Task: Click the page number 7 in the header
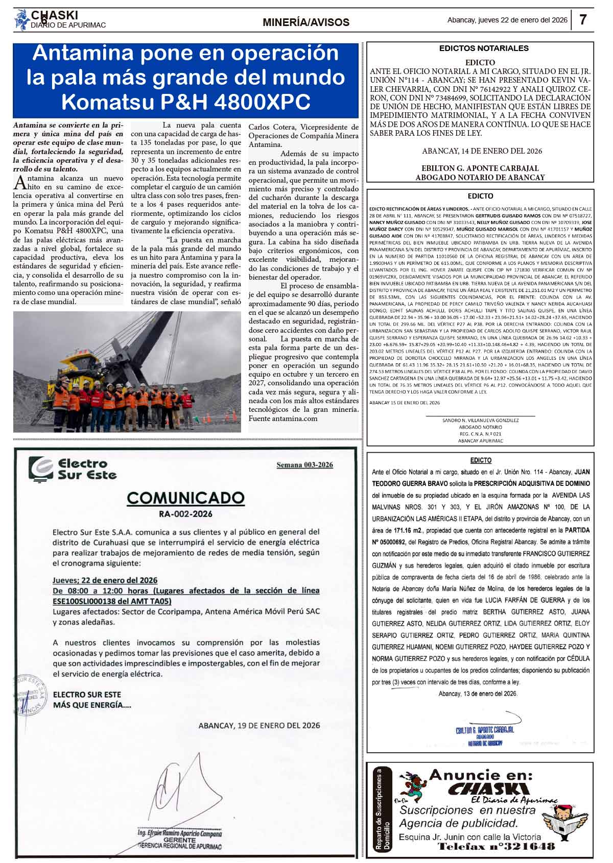click(583, 20)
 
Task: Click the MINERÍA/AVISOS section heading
click(306, 22)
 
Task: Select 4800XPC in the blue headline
click(262, 102)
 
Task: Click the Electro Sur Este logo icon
click(41, 469)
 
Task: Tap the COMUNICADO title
click(185, 498)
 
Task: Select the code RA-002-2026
click(185, 514)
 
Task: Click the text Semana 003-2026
click(304, 464)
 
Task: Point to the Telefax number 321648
click(496, 847)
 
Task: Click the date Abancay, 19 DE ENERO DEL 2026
click(259, 725)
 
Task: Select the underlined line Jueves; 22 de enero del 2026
click(105, 580)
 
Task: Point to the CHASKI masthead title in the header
click(55, 15)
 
